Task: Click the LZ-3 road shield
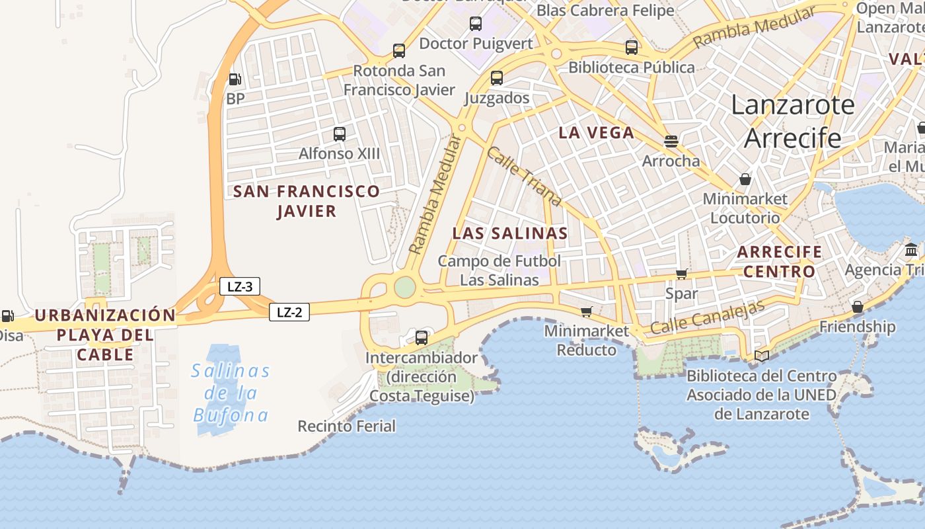pyautogui.click(x=240, y=286)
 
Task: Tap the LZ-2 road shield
pyautogui.click(x=289, y=312)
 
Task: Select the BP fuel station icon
pyautogui.click(x=235, y=79)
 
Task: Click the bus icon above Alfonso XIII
pyautogui.click(x=340, y=134)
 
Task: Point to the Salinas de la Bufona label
pyautogui.click(x=231, y=393)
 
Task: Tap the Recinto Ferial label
pyautogui.click(x=347, y=426)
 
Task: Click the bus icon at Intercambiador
pyautogui.click(x=422, y=338)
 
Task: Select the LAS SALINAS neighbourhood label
pyautogui.click(x=510, y=233)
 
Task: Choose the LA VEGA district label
pyautogui.click(x=596, y=132)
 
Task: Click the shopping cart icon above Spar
pyautogui.click(x=681, y=274)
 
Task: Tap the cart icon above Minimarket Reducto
pyautogui.click(x=586, y=311)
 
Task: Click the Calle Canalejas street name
pyautogui.click(x=707, y=317)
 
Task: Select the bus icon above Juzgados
pyautogui.click(x=497, y=78)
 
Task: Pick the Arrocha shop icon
pyautogui.click(x=671, y=141)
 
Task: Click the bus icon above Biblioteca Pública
pyautogui.click(x=632, y=48)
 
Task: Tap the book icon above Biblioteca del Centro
pyautogui.click(x=761, y=356)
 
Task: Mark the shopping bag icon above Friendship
pyautogui.click(x=857, y=307)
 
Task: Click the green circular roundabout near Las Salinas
pyautogui.click(x=405, y=287)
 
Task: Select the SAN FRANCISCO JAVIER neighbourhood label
pyautogui.click(x=307, y=201)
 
